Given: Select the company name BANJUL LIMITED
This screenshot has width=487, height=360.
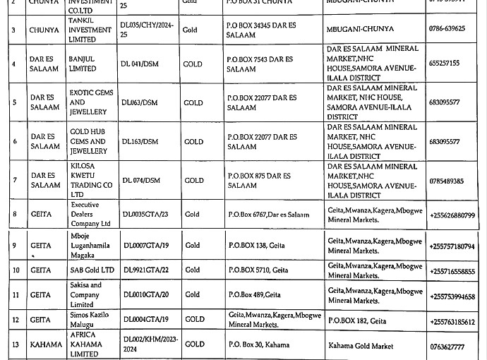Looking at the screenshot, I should coord(83,64).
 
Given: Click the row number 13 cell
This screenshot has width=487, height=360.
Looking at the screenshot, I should coord(14,344).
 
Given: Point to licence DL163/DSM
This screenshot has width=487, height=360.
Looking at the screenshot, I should coord(140,141).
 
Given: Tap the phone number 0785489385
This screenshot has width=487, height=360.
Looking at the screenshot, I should coord(446,181).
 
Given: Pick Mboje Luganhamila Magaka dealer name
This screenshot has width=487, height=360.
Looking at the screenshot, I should coord(90,245).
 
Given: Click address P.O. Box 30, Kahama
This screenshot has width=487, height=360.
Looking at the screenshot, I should coord(258,344).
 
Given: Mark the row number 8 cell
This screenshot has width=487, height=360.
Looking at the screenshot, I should coord(14,214).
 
